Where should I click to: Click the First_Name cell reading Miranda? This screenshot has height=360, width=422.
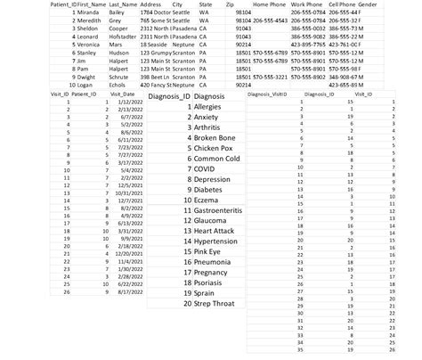(89, 12)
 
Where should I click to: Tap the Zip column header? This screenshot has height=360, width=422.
(231, 4)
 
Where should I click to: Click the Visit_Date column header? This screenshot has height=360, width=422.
(122, 93)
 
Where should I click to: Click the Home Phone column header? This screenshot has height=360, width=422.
(270, 4)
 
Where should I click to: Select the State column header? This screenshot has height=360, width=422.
(206, 4)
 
